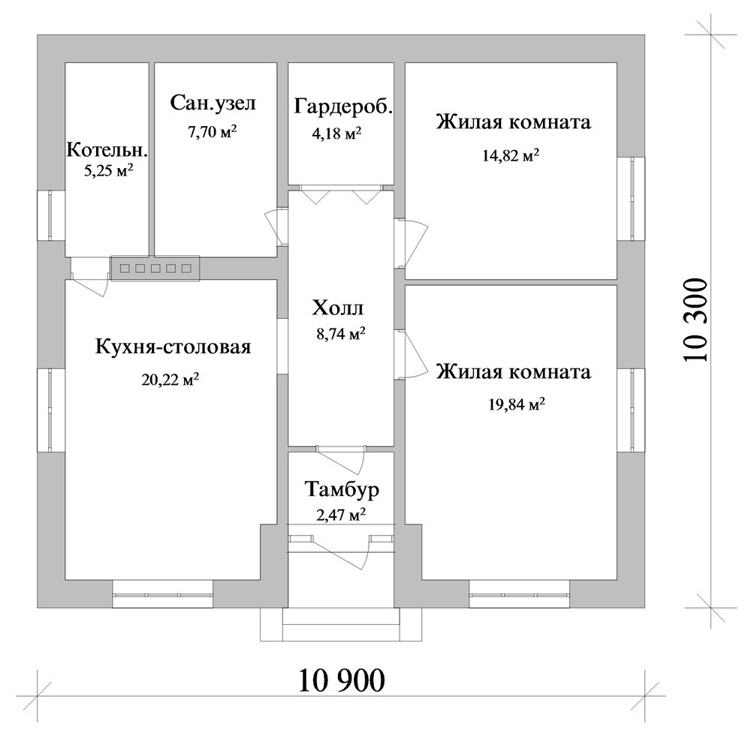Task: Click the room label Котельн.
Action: click(107, 150)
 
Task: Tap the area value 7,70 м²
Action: click(213, 132)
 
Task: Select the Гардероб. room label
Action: click(343, 107)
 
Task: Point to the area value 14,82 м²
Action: click(511, 155)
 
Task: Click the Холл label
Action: click(338, 308)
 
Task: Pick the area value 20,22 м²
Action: click(170, 380)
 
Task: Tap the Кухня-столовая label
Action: click(173, 347)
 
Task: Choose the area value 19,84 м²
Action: click(517, 404)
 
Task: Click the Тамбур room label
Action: click(342, 490)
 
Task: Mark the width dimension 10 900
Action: click(342, 680)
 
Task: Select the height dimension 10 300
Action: click(696, 320)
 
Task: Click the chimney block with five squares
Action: click(155, 268)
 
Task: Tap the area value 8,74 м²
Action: click(341, 333)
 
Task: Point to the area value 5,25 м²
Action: click(108, 171)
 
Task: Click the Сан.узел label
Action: click(213, 103)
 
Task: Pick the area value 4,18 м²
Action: click(336, 133)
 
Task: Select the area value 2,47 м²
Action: click(341, 515)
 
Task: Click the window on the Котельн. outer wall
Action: click(51, 215)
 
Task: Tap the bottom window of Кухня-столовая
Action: click(163, 594)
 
